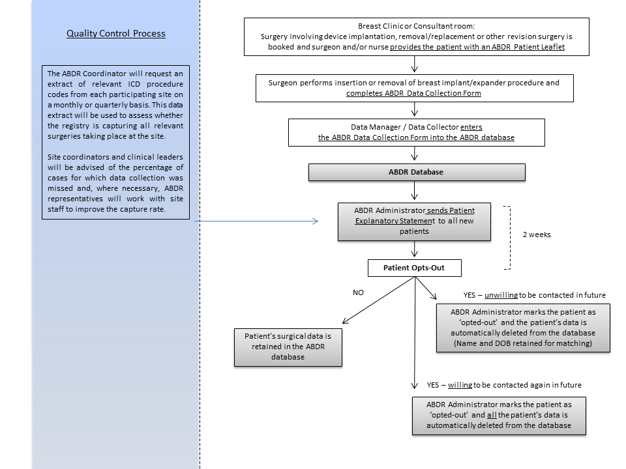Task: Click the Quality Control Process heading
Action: click(x=116, y=33)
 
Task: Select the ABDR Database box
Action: click(x=417, y=172)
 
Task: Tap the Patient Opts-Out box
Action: click(x=415, y=268)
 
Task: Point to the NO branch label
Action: click(x=358, y=292)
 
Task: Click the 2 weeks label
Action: click(x=537, y=234)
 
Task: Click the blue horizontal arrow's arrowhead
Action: click(x=316, y=221)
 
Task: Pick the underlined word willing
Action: click(x=460, y=385)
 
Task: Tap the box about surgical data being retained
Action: click(x=288, y=347)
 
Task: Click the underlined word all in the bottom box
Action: click(x=492, y=415)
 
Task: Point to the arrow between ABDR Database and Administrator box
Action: click(x=415, y=190)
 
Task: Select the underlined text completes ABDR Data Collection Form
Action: click(x=413, y=93)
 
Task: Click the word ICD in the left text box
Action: click(x=134, y=84)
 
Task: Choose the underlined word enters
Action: click(x=471, y=127)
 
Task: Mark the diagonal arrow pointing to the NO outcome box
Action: click(x=378, y=300)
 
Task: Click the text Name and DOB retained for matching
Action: click(x=522, y=343)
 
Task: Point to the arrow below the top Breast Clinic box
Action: click(x=415, y=64)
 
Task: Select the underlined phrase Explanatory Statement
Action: click(x=395, y=221)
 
